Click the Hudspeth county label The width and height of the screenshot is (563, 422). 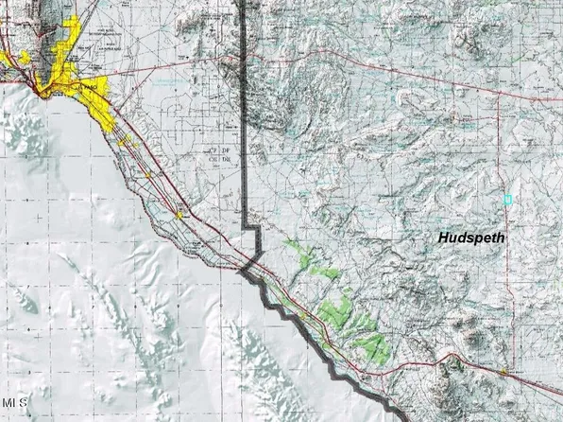pyautogui.click(x=471, y=239)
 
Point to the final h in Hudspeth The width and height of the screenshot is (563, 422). pyautogui.click(x=500, y=239)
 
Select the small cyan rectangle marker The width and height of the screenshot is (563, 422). pyautogui.click(x=507, y=200)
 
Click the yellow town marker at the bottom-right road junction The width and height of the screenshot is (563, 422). pyautogui.click(x=505, y=371)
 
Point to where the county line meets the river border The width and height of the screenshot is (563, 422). pyautogui.click(x=247, y=269)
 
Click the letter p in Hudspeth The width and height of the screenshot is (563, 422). pyautogui.click(x=478, y=241)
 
